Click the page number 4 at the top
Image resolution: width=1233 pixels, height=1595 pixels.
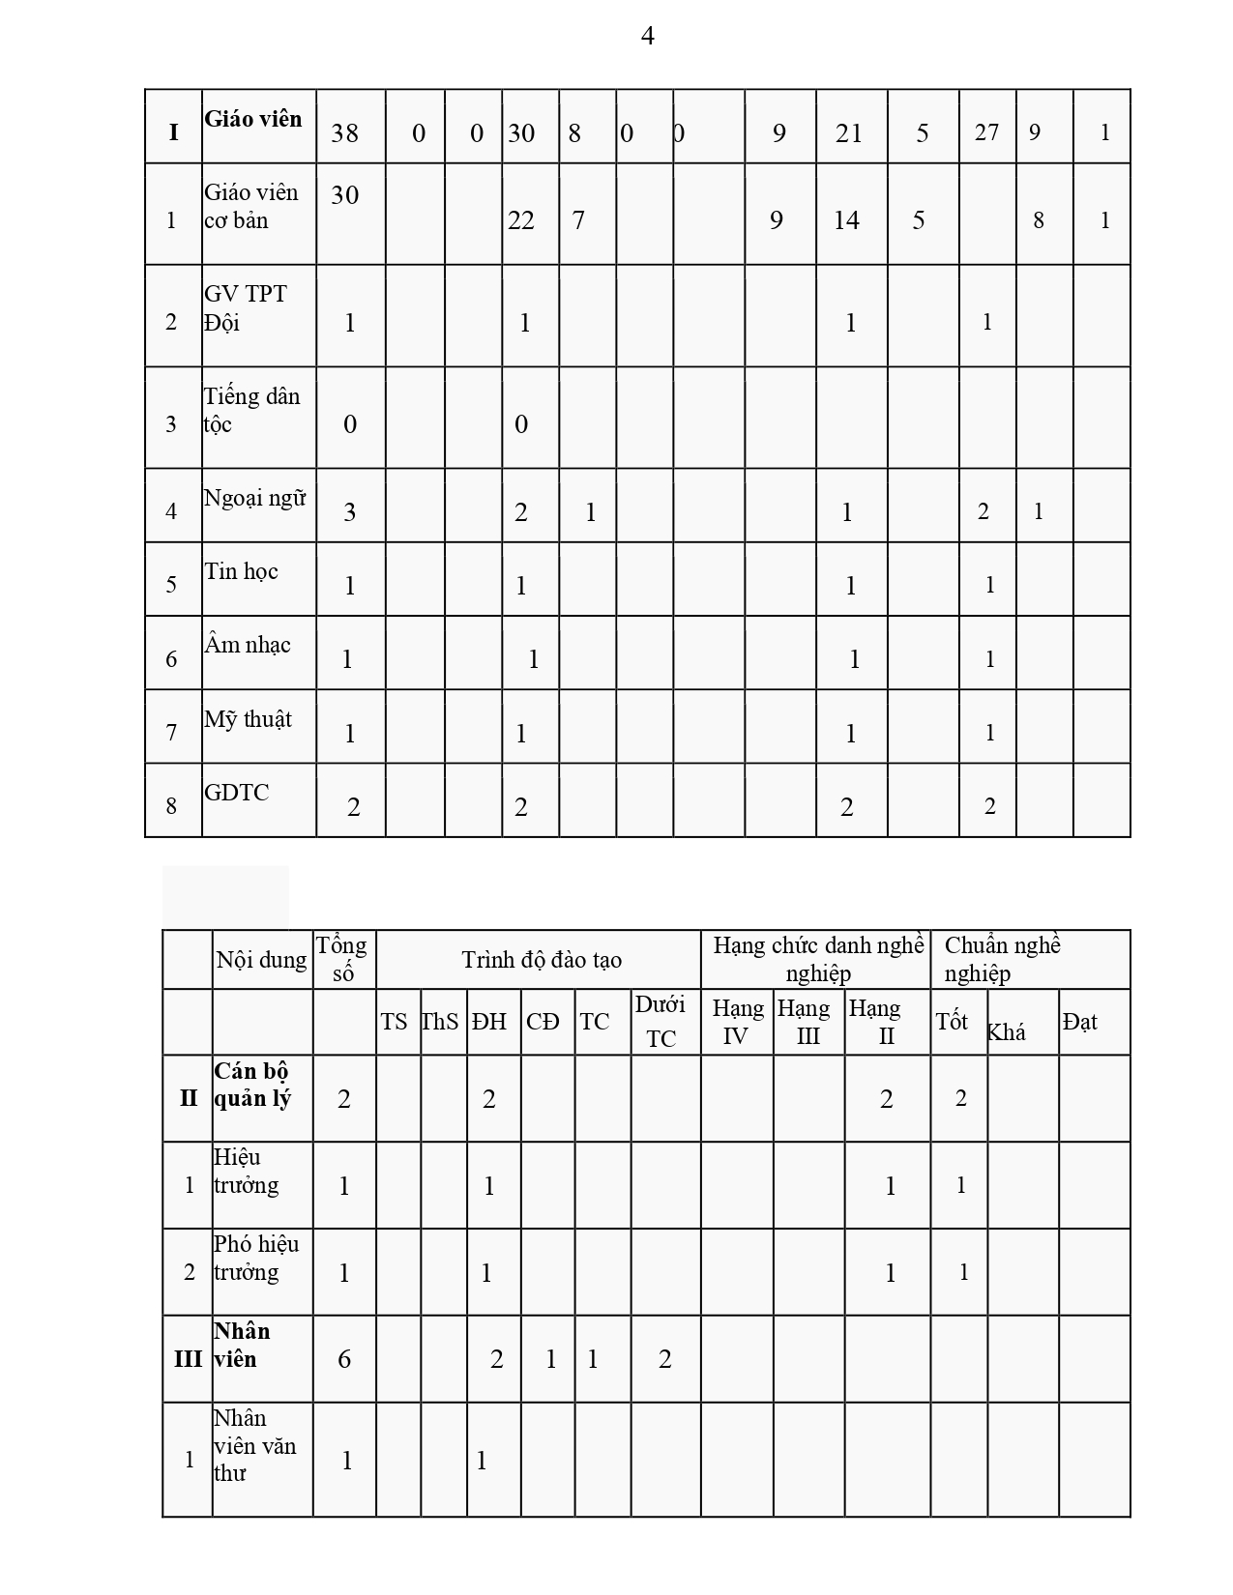point(647,36)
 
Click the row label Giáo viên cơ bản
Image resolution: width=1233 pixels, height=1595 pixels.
point(250,206)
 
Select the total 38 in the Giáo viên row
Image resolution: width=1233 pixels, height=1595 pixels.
point(344,132)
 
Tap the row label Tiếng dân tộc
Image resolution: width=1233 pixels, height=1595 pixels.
point(251,410)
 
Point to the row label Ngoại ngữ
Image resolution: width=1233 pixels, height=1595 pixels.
point(254,498)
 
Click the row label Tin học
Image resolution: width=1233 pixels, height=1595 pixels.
point(241,571)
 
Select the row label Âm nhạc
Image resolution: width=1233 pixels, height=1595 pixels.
point(247,645)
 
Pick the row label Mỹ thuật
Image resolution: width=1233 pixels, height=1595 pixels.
point(248,719)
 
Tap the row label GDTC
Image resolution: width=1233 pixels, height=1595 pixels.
point(236,793)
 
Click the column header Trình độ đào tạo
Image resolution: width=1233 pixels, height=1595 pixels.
point(541,960)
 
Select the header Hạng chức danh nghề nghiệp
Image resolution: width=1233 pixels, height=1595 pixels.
point(818,959)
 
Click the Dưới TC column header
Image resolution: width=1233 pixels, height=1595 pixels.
point(661,1022)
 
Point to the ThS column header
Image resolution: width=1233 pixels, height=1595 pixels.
point(440,1022)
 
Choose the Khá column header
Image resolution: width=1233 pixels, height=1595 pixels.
point(1006,1032)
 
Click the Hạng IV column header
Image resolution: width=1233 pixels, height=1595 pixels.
point(737,1022)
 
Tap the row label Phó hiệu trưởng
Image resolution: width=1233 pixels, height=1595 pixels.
point(256,1258)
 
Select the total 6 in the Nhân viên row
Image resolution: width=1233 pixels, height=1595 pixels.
point(344,1359)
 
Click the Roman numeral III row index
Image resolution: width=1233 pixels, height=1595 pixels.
point(188,1359)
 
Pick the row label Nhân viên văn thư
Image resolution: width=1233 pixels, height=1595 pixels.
point(254,1445)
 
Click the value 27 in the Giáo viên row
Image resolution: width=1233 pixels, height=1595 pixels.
point(986,132)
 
